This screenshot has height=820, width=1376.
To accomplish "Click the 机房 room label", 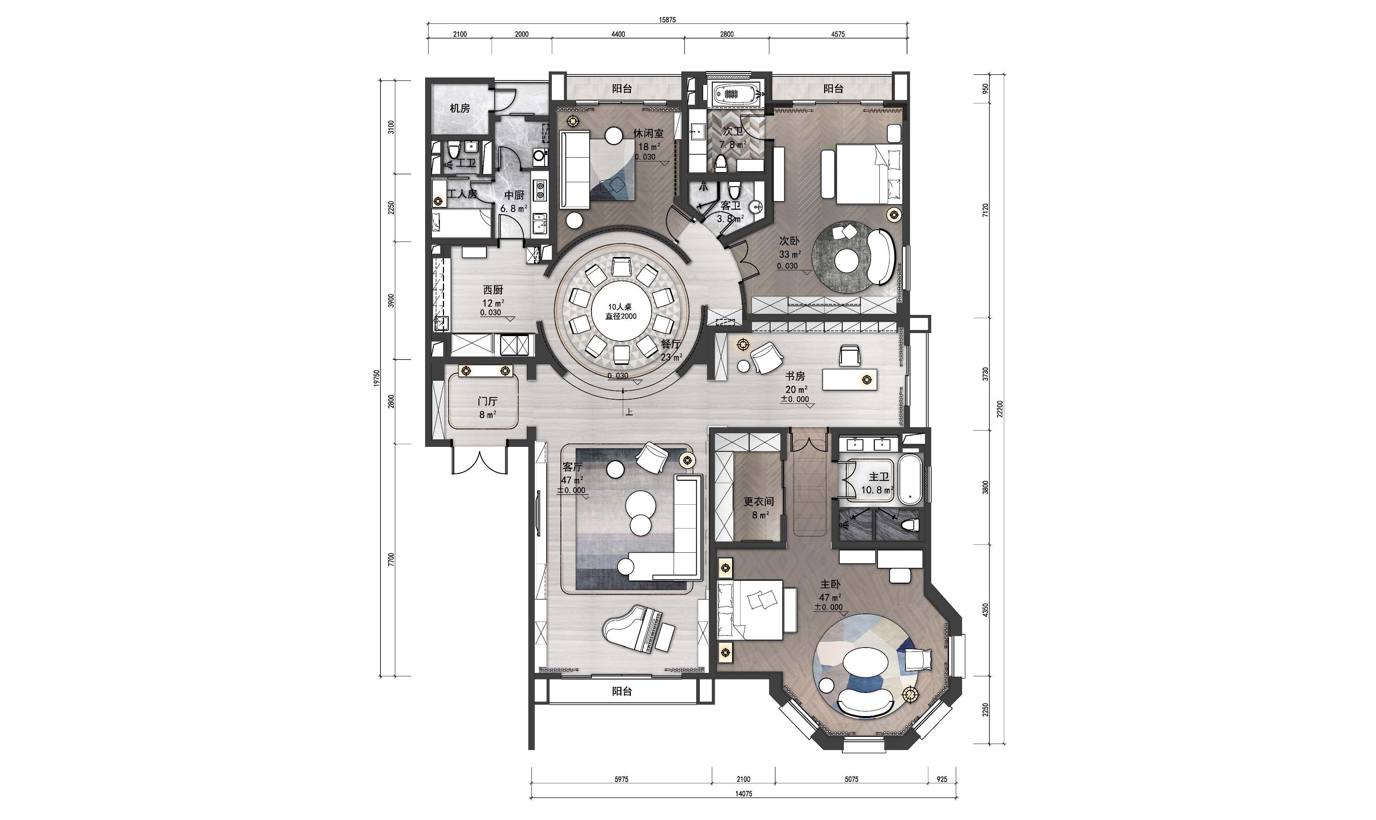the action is click(x=460, y=108).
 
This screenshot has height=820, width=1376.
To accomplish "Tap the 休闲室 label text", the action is click(x=648, y=133).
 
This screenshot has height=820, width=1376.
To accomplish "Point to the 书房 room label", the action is click(x=795, y=376).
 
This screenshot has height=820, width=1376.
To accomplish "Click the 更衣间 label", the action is click(x=758, y=502).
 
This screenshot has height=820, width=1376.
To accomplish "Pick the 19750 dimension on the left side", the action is click(x=376, y=378).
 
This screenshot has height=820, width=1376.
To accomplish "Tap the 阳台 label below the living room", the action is click(x=622, y=691).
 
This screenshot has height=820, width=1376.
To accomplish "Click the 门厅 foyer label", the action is click(x=487, y=402).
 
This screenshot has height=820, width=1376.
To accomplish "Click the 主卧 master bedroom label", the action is click(x=830, y=584).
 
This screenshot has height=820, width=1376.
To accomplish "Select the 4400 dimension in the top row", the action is click(x=618, y=34).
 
